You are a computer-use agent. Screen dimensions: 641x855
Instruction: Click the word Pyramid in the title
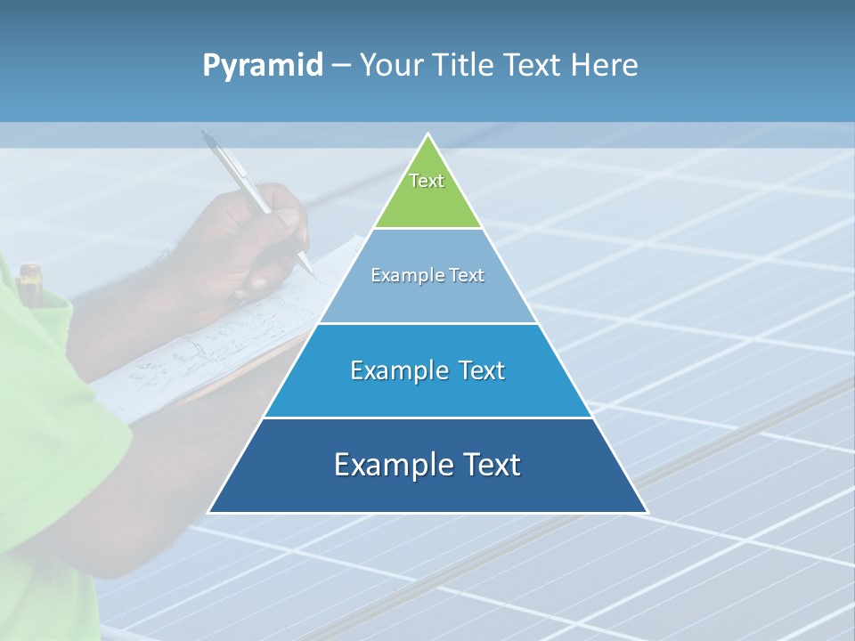(263, 66)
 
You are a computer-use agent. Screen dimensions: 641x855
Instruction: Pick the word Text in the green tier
(427, 181)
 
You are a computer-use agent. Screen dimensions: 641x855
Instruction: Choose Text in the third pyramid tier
(477, 370)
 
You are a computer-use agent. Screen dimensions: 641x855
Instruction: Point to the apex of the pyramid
(428, 134)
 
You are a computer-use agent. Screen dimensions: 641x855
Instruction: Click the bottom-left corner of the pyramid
(209, 512)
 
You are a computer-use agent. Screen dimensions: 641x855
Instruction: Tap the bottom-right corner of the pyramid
(647, 512)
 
